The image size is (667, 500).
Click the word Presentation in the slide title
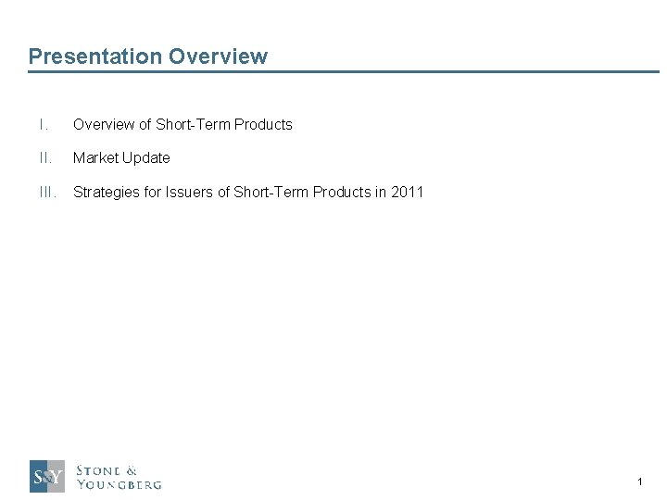tap(95, 56)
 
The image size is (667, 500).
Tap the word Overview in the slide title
tap(218, 56)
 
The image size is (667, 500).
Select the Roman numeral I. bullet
tap(43, 124)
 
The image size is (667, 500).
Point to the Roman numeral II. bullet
tap(44, 157)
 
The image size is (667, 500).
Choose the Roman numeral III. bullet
tap(47, 192)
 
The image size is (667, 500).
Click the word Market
tap(95, 157)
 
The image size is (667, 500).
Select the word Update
tap(145, 157)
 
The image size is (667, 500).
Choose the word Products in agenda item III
tap(342, 192)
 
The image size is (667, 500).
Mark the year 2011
tap(407, 192)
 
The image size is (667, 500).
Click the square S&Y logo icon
tap(47, 476)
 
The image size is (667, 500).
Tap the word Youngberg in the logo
tap(119, 483)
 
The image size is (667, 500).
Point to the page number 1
tap(639, 481)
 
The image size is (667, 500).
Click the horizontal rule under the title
tap(343, 71)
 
